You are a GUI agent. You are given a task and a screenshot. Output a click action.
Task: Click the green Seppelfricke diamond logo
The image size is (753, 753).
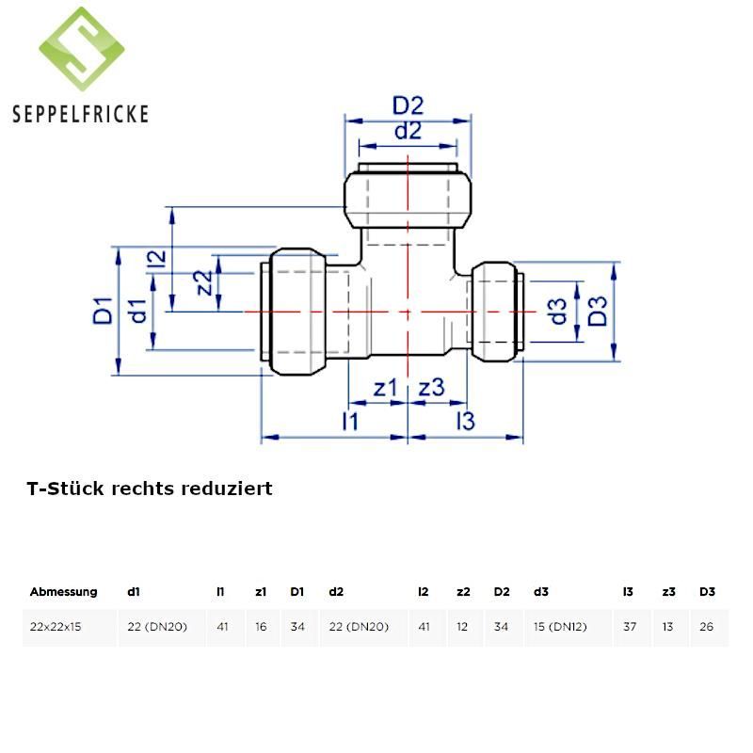(82, 49)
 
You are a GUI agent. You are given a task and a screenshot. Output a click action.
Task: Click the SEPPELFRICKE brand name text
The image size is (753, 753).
(80, 114)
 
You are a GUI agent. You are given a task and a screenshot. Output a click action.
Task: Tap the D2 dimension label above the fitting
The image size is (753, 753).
(408, 105)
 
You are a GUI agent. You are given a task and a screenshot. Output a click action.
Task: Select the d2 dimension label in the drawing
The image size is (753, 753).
(408, 131)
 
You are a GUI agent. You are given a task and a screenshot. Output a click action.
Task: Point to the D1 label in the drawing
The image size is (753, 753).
(103, 311)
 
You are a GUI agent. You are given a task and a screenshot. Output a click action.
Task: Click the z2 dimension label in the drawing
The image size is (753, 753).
(202, 282)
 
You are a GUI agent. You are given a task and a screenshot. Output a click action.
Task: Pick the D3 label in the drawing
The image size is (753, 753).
(598, 312)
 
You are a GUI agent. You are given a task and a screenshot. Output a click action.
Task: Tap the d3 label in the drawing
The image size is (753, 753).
(557, 312)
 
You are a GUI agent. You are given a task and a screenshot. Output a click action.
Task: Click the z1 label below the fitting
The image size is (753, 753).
(386, 388)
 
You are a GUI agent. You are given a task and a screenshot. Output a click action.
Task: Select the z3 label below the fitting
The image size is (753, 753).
(431, 388)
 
